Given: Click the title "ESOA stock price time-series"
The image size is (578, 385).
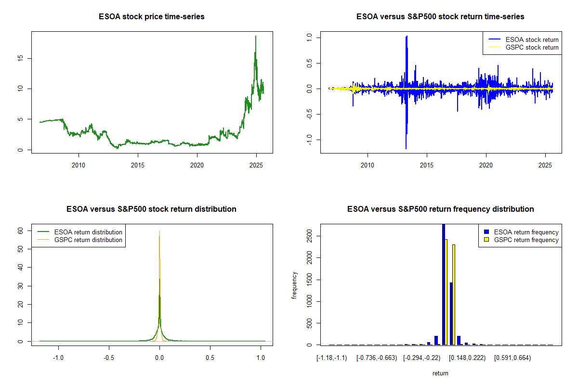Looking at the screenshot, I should (x=152, y=17).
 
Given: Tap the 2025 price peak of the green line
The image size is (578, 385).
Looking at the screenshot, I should (x=256, y=37).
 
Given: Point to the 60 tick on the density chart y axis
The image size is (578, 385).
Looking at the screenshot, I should (x=21, y=231).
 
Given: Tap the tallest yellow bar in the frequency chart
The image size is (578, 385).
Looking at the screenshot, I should (x=447, y=292).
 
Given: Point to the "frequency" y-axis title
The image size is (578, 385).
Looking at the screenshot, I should (x=294, y=285).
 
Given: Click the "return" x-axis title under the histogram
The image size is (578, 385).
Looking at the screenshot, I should (x=440, y=373).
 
